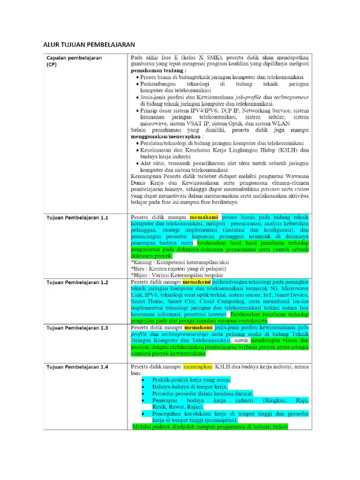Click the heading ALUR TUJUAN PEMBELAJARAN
point(89,45)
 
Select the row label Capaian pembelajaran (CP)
point(74,61)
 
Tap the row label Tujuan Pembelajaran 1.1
point(77,218)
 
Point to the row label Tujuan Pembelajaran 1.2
point(77,283)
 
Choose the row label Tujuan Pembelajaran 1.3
point(77,328)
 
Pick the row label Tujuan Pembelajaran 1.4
point(77,367)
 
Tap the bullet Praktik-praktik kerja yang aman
point(191,380)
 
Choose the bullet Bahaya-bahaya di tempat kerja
point(190,387)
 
